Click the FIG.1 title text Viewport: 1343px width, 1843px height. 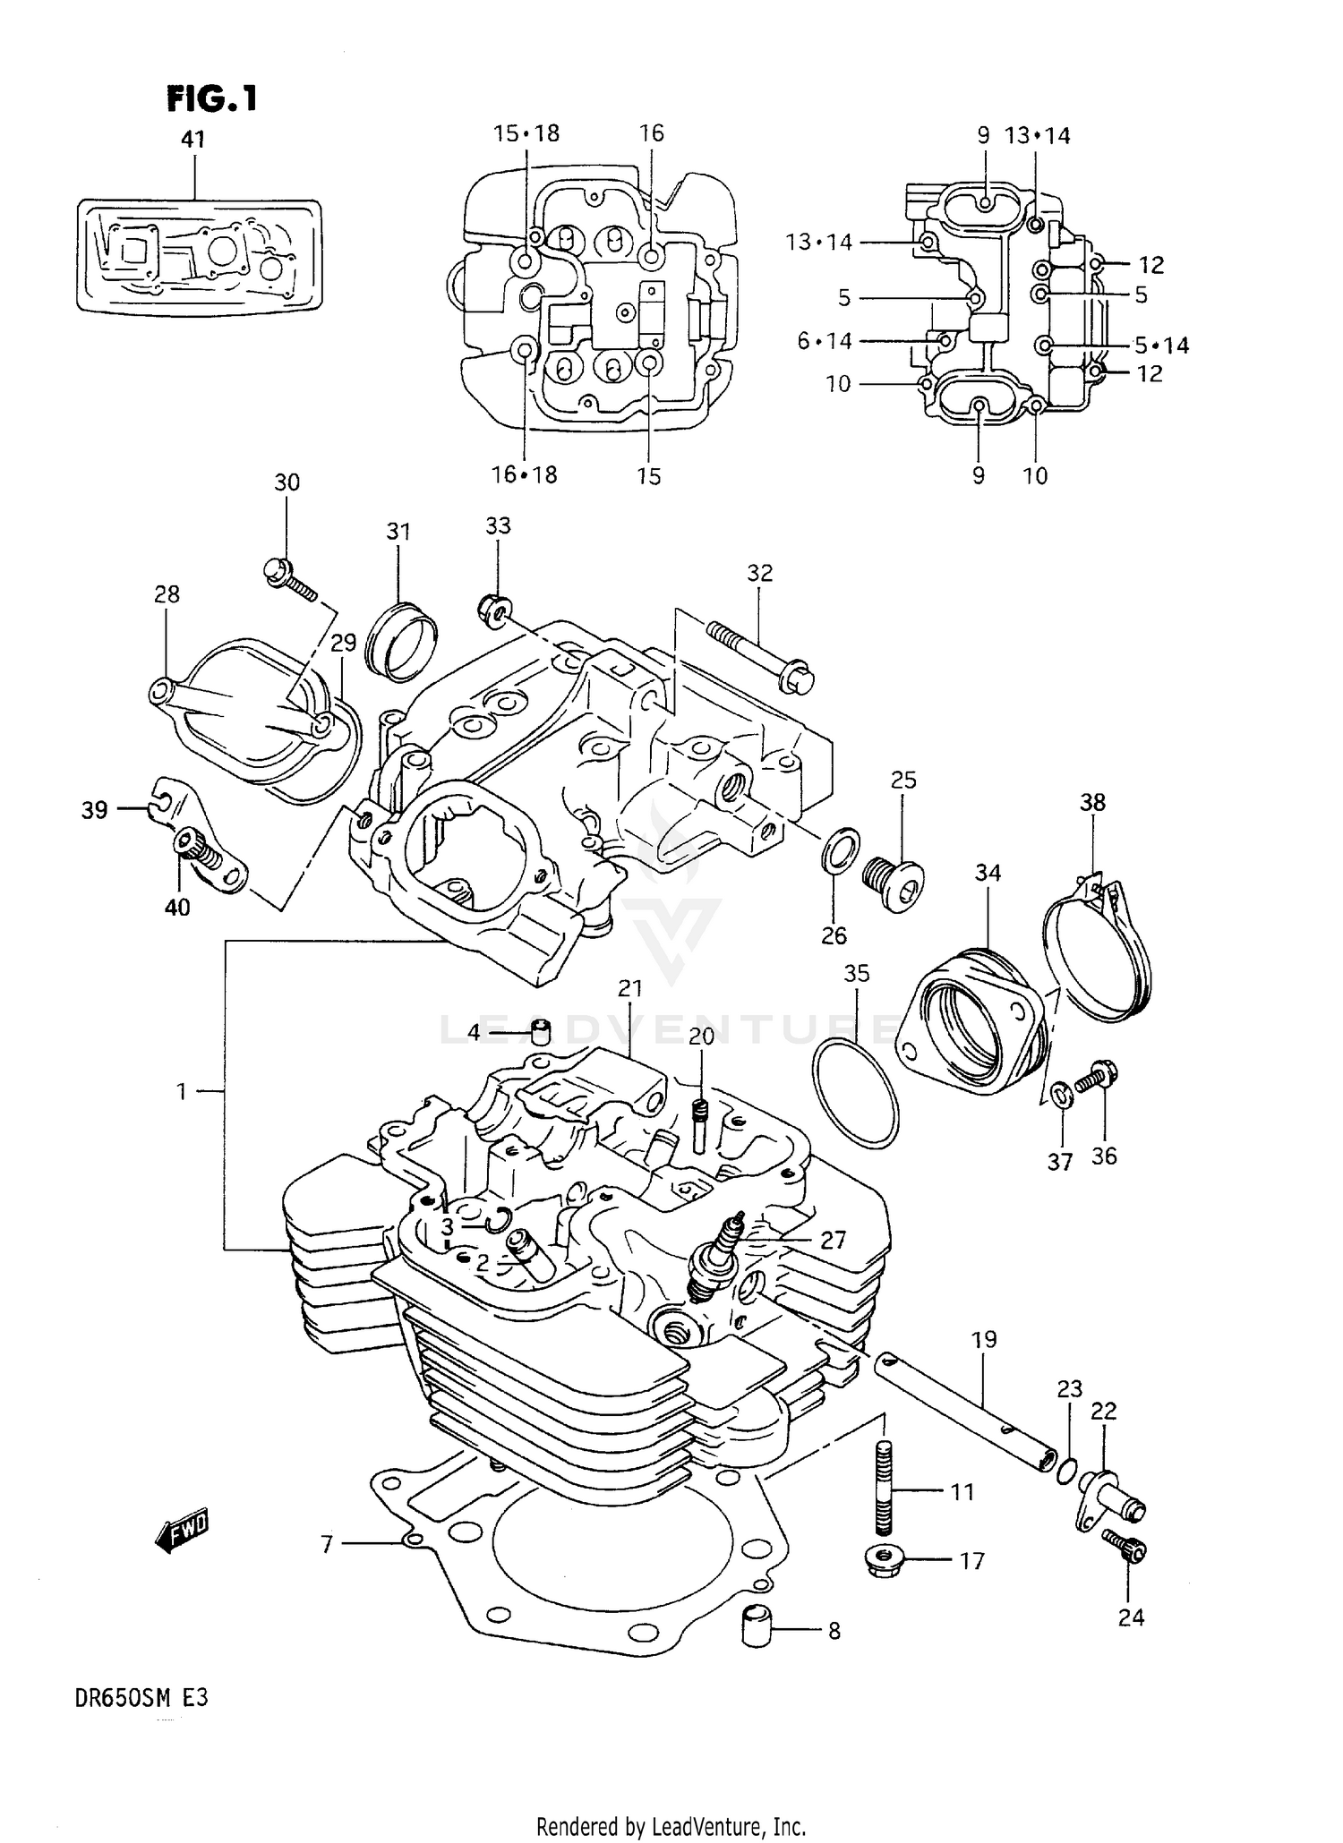212,98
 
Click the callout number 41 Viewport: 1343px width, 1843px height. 193,139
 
